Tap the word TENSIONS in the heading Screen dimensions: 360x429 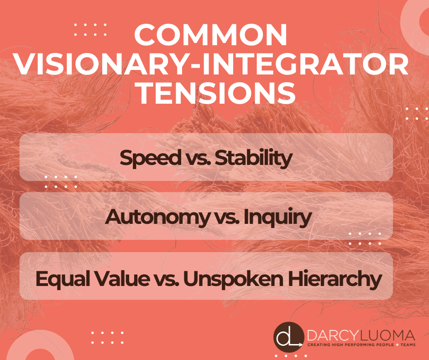[214, 94]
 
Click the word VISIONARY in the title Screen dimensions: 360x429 [94, 65]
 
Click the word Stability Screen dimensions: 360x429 [253, 158]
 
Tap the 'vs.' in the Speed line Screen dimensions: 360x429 [194, 158]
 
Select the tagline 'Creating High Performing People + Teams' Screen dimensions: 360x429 [361, 346]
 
